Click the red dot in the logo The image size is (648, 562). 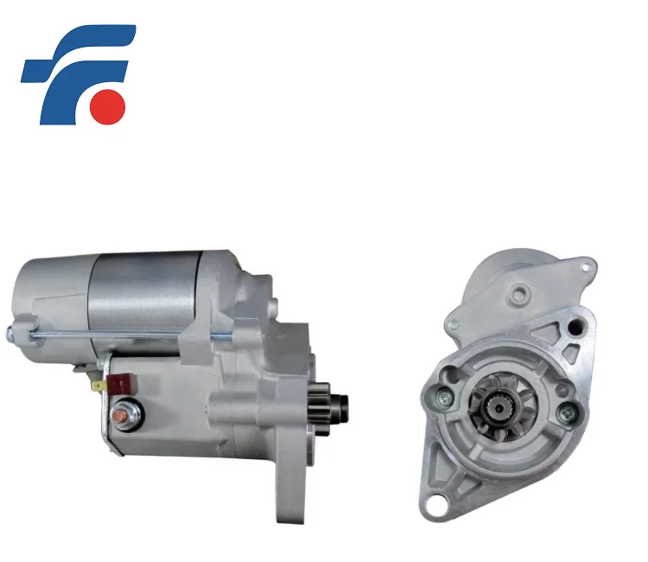[110, 104]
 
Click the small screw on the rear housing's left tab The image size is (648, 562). [455, 324]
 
